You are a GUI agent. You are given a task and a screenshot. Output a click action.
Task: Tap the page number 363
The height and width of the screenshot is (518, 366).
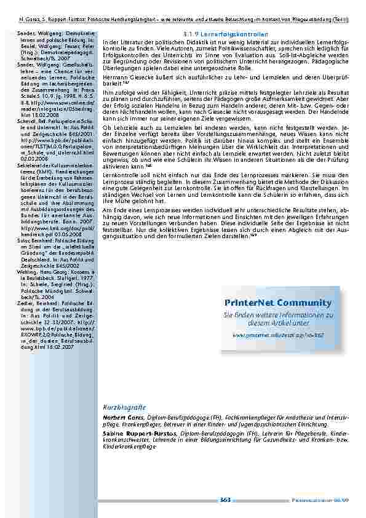(225, 500)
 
